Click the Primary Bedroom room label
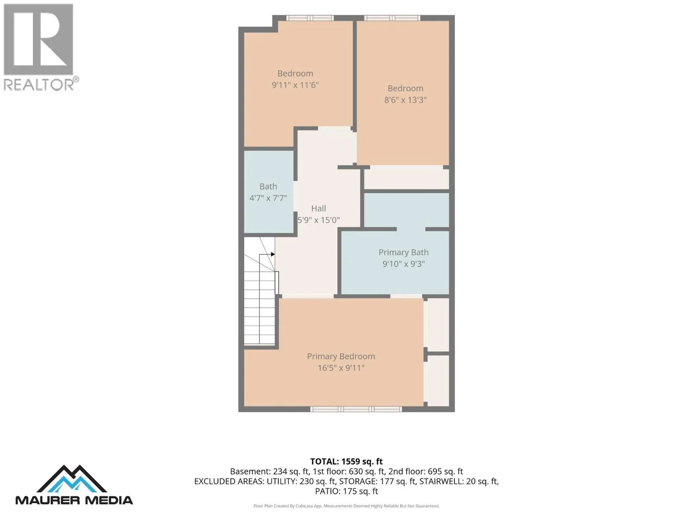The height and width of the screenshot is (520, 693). (341, 357)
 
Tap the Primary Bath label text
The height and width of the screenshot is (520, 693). (404, 252)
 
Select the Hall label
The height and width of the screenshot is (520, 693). (318, 208)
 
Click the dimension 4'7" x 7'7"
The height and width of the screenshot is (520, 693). (268, 198)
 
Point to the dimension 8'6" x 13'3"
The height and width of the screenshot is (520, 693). (405, 100)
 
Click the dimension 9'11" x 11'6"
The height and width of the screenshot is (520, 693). (295, 85)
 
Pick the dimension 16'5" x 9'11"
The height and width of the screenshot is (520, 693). (341, 368)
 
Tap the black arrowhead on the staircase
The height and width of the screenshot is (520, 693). (273, 254)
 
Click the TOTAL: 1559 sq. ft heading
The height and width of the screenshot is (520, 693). (346, 461)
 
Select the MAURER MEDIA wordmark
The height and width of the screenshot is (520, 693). (74, 500)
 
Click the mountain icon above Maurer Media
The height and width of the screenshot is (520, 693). (72, 479)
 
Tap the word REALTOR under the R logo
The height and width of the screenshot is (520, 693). (39, 84)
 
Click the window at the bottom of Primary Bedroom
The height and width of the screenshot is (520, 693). (356, 409)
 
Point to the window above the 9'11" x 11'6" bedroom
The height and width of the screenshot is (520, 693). (310, 18)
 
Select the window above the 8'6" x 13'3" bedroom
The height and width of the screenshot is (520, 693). (392, 18)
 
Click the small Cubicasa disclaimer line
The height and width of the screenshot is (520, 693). (346, 506)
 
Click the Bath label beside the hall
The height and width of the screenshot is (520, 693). (268, 187)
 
